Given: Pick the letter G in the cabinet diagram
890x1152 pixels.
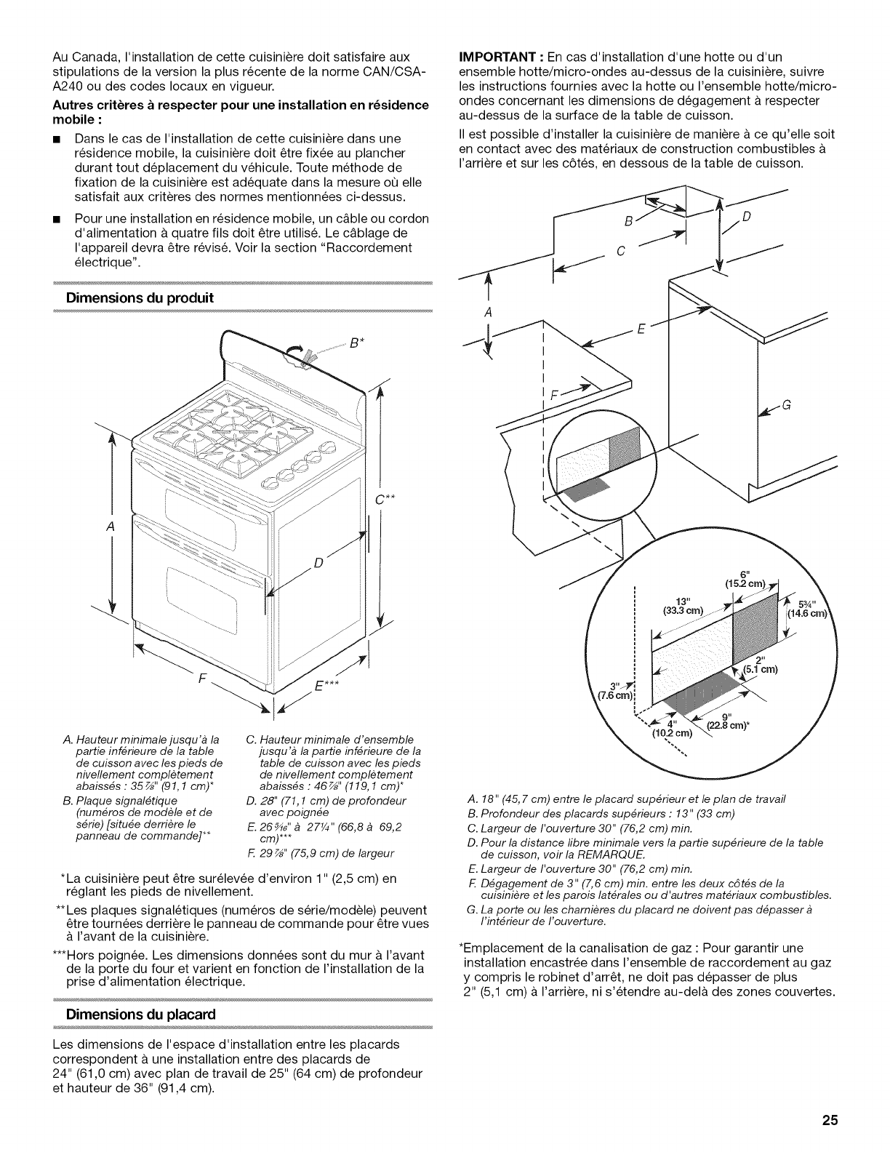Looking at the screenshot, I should [x=785, y=406].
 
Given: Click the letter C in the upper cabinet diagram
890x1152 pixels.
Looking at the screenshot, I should [x=621, y=252].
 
